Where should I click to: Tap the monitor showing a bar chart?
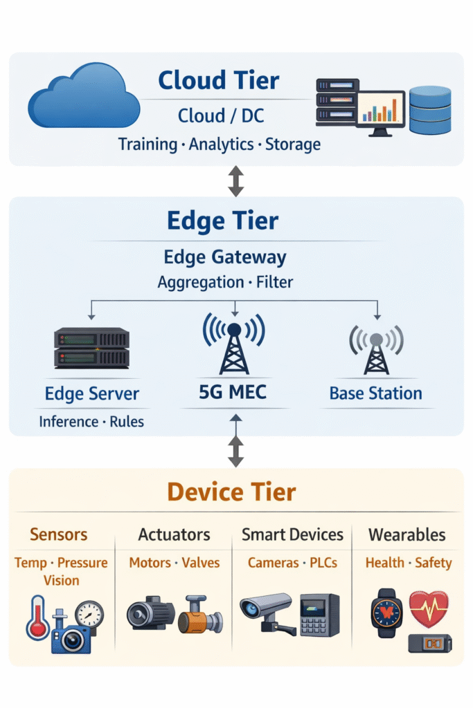(x=381, y=113)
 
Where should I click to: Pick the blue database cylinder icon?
(x=430, y=110)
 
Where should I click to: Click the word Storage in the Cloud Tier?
(x=293, y=145)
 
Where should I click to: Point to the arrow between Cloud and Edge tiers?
(x=236, y=181)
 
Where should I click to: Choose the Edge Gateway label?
(x=225, y=258)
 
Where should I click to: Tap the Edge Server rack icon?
(x=91, y=348)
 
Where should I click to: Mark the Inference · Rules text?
(x=91, y=421)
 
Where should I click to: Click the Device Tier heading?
(x=231, y=492)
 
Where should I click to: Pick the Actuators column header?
(x=174, y=534)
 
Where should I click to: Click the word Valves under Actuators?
(x=201, y=563)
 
